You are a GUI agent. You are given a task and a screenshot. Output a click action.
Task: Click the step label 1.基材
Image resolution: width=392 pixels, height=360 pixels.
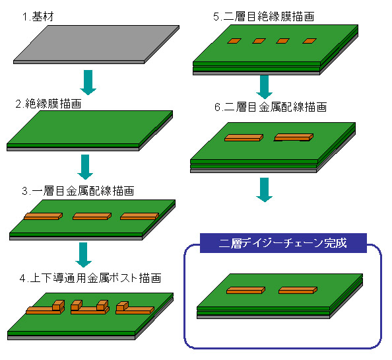(x=38, y=17)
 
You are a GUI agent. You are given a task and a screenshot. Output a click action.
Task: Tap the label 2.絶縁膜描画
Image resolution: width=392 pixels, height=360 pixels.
(x=48, y=104)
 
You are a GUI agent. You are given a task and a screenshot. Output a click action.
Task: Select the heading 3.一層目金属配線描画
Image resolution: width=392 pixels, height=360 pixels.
(x=78, y=191)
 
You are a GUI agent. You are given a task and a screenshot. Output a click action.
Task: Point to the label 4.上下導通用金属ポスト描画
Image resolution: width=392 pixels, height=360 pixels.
(x=90, y=278)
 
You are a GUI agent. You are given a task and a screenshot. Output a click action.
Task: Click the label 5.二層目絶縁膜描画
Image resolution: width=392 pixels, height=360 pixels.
(x=264, y=17)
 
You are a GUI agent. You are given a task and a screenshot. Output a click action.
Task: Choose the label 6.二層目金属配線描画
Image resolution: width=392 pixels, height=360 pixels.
(x=271, y=107)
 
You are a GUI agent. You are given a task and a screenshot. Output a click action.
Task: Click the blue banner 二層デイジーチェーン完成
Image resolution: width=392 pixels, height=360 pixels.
(x=283, y=243)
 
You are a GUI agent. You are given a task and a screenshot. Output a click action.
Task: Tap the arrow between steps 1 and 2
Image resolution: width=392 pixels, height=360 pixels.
(x=88, y=83)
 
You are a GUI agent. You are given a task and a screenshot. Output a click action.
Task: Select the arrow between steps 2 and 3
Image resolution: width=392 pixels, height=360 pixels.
(x=85, y=167)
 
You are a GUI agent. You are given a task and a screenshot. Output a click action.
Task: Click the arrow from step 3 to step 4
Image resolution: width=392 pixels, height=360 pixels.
(x=84, y=255)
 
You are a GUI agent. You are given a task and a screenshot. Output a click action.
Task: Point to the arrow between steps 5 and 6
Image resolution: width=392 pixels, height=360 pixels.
(x=264, y=87)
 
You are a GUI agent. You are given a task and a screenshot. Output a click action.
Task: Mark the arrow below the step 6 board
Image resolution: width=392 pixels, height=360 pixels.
(x=264, y=190)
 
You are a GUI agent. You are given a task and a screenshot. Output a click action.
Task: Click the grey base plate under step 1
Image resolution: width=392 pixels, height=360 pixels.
(x=96, y=44)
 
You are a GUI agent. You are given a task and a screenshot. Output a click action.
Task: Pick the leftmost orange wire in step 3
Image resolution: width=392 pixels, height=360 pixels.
(x=44, y=217)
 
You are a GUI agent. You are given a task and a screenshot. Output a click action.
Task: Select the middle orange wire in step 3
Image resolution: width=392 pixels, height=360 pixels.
(x=92, y=217)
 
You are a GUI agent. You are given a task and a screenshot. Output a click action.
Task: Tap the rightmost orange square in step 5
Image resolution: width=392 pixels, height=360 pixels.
(x=310, y=41)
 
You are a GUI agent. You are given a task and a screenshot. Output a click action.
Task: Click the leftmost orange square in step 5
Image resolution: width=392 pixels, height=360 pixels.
(x=234, y=41)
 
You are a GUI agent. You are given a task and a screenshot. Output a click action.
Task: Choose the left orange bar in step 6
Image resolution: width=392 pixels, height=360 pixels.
(x=244, y=137)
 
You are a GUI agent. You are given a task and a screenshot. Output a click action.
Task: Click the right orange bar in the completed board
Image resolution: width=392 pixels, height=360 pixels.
(x=298, y=290)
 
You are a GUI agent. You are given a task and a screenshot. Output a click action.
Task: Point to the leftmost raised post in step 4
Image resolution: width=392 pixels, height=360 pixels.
(x=59, y=305)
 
